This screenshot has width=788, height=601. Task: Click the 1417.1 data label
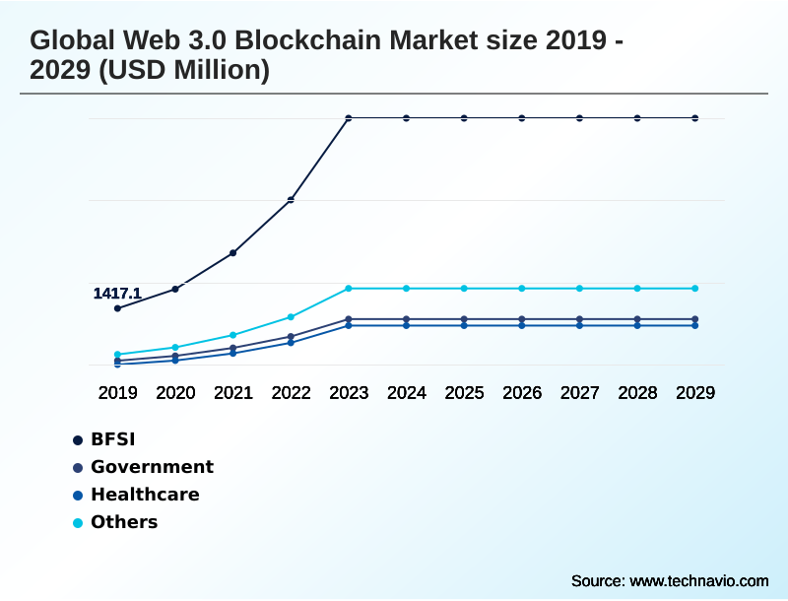point(117,294)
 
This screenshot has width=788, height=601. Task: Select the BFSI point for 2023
point(349,118)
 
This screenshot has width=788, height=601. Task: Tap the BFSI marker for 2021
point(233,253)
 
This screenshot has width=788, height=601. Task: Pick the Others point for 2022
point(291,317)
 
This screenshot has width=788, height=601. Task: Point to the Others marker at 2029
point(695,289)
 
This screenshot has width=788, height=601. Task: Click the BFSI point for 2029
point(695,118)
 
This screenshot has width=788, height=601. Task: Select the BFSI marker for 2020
point(175,289)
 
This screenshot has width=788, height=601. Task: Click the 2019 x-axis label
point(117,393)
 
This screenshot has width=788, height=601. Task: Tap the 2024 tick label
point(406,393)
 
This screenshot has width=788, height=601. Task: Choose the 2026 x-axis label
point(522,393)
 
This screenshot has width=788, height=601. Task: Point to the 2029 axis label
point(695,393)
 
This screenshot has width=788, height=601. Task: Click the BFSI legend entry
point(112,439)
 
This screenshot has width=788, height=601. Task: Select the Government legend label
point(152,467)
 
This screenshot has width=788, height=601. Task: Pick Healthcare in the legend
point(145,495)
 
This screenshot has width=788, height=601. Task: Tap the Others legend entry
point(124,522)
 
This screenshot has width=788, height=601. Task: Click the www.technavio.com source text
point(698,580)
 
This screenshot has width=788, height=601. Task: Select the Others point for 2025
point(464,289)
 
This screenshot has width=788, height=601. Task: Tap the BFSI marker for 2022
point(291,200)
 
